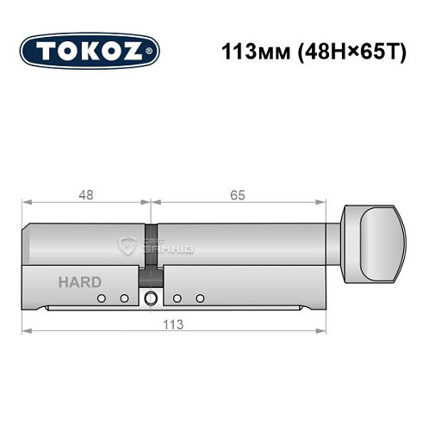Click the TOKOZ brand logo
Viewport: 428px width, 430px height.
click(90, 51)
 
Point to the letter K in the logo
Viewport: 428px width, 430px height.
click(90, 51)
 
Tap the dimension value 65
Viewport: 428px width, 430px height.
click(238, 195)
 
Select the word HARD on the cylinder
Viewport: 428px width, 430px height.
click(80, 282)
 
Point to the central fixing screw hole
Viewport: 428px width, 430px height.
click(152, 299)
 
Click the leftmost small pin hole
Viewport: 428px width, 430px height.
click(102, 298)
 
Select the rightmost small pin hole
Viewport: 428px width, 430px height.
click(200, 298)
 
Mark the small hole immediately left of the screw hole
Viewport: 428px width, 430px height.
click(124, 298)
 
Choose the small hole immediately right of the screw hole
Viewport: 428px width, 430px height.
click(177, 298)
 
